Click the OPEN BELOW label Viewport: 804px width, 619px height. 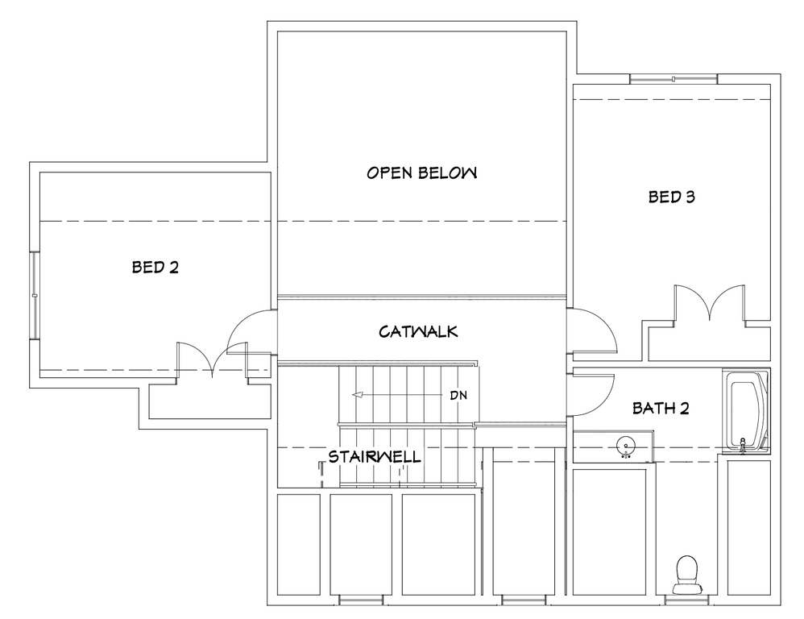[422, 172]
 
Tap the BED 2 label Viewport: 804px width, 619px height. [155, 267]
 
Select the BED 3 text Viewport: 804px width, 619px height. [672, 196]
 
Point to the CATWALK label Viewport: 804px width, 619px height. [419, 331]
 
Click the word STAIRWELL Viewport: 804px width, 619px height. [374, 457]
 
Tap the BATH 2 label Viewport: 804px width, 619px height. [661, 409]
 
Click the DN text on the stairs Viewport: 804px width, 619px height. [458, 396]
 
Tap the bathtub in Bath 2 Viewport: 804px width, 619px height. [748, 413]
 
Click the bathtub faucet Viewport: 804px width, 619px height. [743, 444]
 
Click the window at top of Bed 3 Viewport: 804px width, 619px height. [673, 78]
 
